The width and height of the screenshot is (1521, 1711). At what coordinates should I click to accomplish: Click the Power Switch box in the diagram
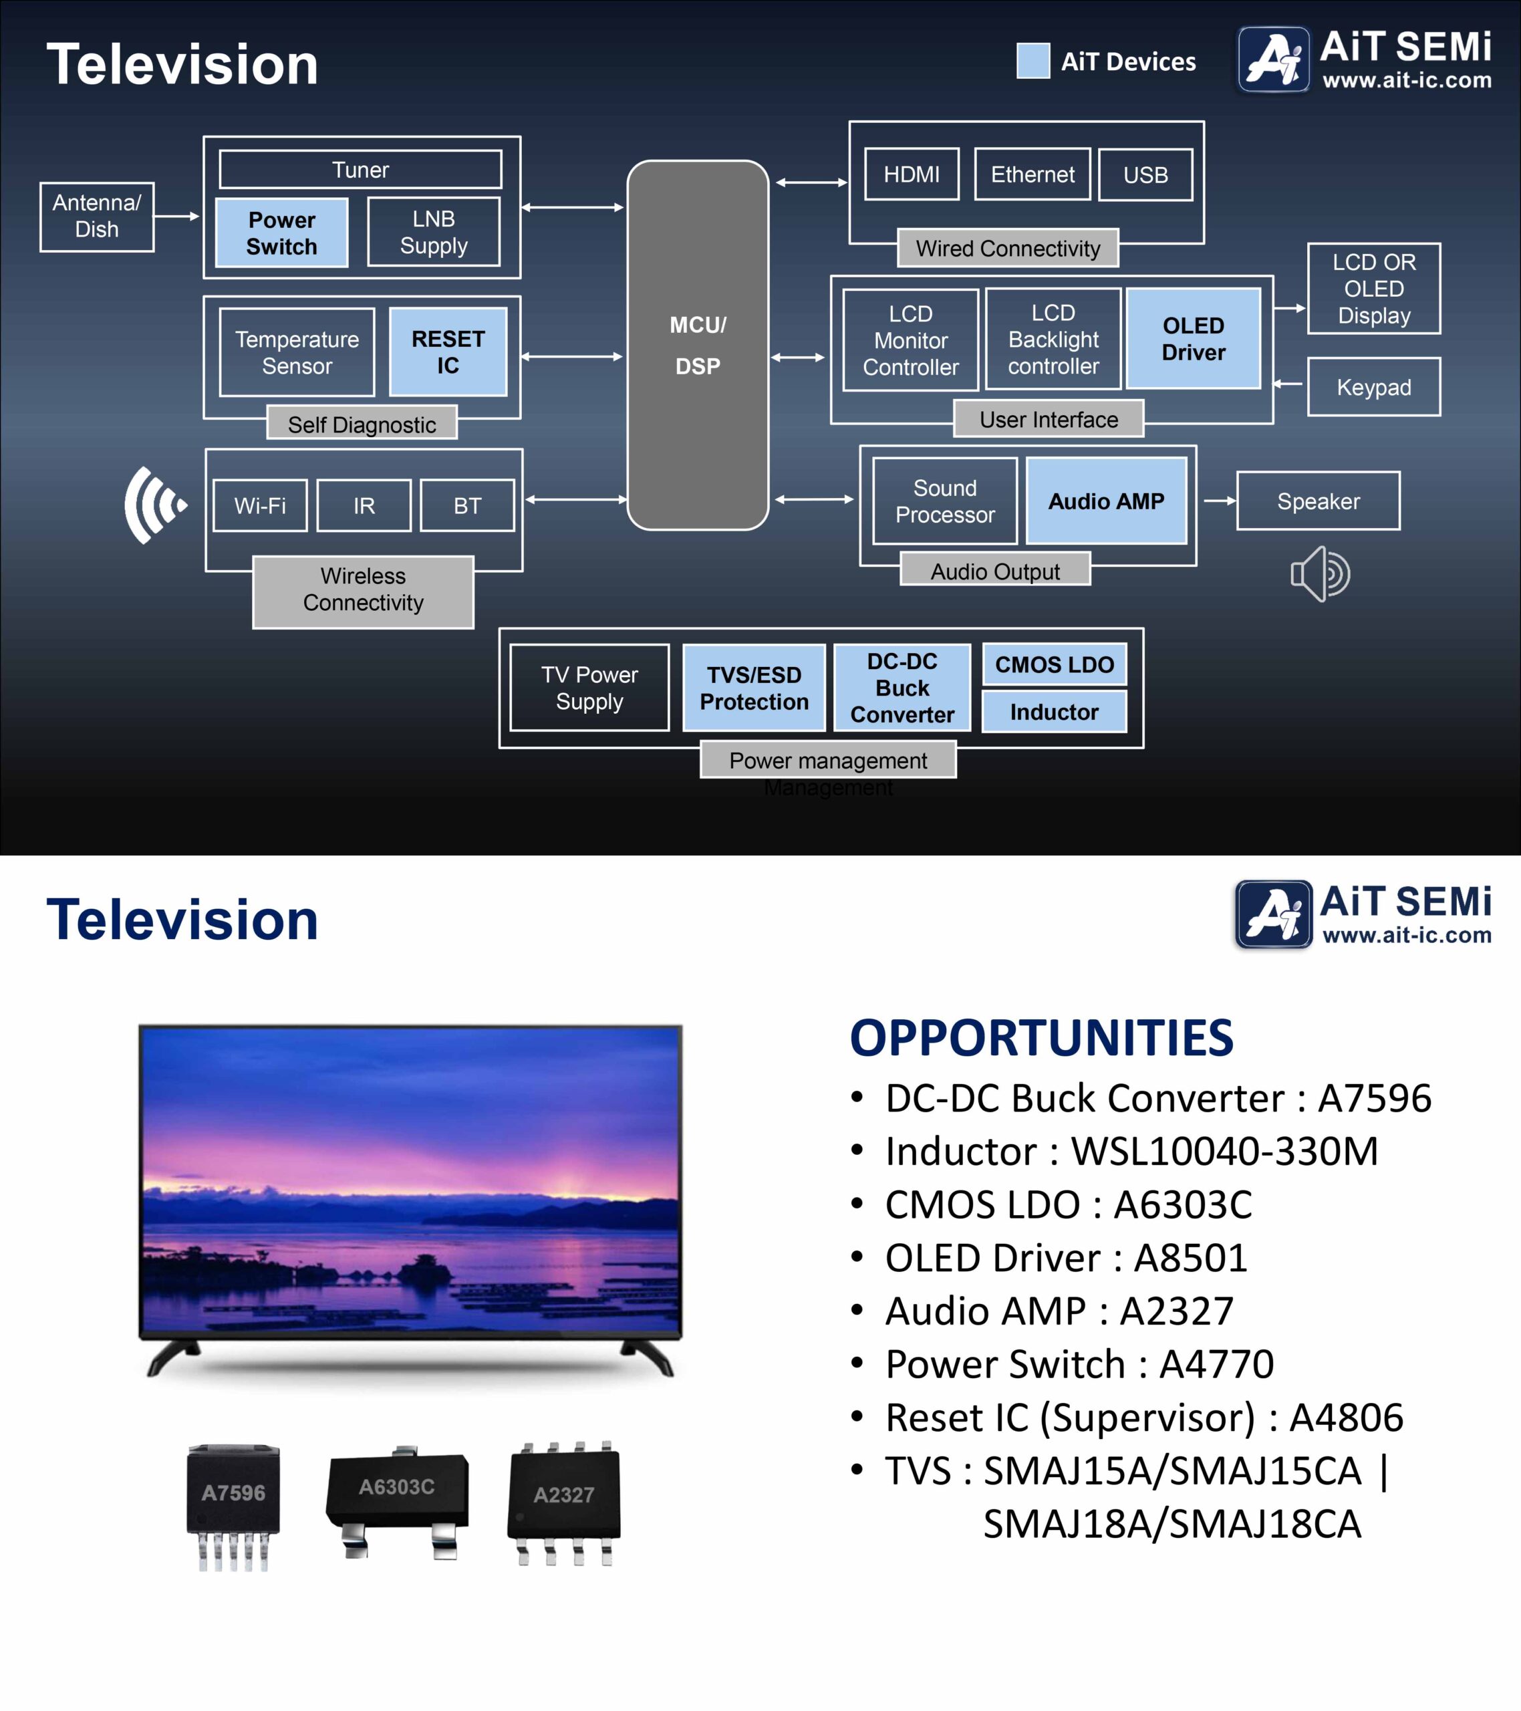(281, 233)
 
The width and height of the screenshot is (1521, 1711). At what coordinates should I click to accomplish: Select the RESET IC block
(448, 352)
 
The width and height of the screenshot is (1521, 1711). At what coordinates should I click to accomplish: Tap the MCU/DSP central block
(697, 345)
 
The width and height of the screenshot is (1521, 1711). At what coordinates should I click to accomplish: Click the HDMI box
(912, 174)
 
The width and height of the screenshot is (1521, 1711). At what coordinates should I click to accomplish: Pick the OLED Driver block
(1193, 338)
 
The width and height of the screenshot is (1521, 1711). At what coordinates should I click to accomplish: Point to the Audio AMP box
(1106, 501)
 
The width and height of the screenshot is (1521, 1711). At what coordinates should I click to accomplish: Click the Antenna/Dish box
(96, 217)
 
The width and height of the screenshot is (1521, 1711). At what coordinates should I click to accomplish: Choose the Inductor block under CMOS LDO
(1054, 712)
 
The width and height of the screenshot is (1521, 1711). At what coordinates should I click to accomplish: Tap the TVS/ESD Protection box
(753, 688)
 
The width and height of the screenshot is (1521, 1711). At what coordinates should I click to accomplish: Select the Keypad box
(1374, 387)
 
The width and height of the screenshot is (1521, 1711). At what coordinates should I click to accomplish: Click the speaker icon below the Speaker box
(1320, 574)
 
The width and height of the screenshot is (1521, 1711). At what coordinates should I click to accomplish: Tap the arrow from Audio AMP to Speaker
(1219, 501)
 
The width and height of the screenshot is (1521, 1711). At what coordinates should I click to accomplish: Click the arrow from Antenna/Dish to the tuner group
(176, 216)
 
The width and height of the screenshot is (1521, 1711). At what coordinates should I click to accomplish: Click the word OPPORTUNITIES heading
(1041, 1037)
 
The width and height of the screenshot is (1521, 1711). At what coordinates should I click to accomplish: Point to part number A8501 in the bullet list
(1190, 1257)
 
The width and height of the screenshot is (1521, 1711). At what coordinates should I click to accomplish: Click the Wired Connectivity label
(1008, 248)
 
